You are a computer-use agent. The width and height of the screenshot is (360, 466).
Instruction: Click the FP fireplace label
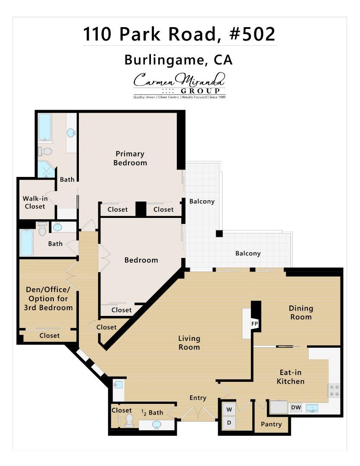click(254, 324)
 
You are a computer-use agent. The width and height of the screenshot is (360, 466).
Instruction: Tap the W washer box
click(229, 409)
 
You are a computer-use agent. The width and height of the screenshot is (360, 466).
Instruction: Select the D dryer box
click(229, 423)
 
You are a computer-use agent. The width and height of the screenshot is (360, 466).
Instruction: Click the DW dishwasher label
click(296, 407)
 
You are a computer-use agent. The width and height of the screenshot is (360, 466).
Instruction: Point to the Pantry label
click(271, 424)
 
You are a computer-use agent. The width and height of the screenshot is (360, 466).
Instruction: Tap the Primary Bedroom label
click(130, 158)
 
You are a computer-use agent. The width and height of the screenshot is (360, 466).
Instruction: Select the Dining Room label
click(301, 313)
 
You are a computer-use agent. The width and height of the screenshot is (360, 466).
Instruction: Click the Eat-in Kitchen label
click(290, 377)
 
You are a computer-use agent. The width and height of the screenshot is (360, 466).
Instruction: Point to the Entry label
click(198, 398)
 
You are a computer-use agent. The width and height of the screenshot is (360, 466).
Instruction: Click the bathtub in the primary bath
click(45, 127)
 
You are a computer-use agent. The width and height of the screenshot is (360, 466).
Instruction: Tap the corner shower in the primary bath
click(45, 170)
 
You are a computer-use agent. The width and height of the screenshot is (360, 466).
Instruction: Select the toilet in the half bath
click(129, 420)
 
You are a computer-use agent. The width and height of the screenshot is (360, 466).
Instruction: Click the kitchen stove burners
click(334, 390)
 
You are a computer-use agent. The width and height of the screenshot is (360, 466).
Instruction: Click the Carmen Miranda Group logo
click(179, 85)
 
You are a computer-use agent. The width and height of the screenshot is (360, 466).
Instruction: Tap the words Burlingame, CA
click(178, 60)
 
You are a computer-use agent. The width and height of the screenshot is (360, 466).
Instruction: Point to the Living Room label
click(189, 343)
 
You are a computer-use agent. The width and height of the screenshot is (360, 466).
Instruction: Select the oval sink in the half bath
click(156, 425)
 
